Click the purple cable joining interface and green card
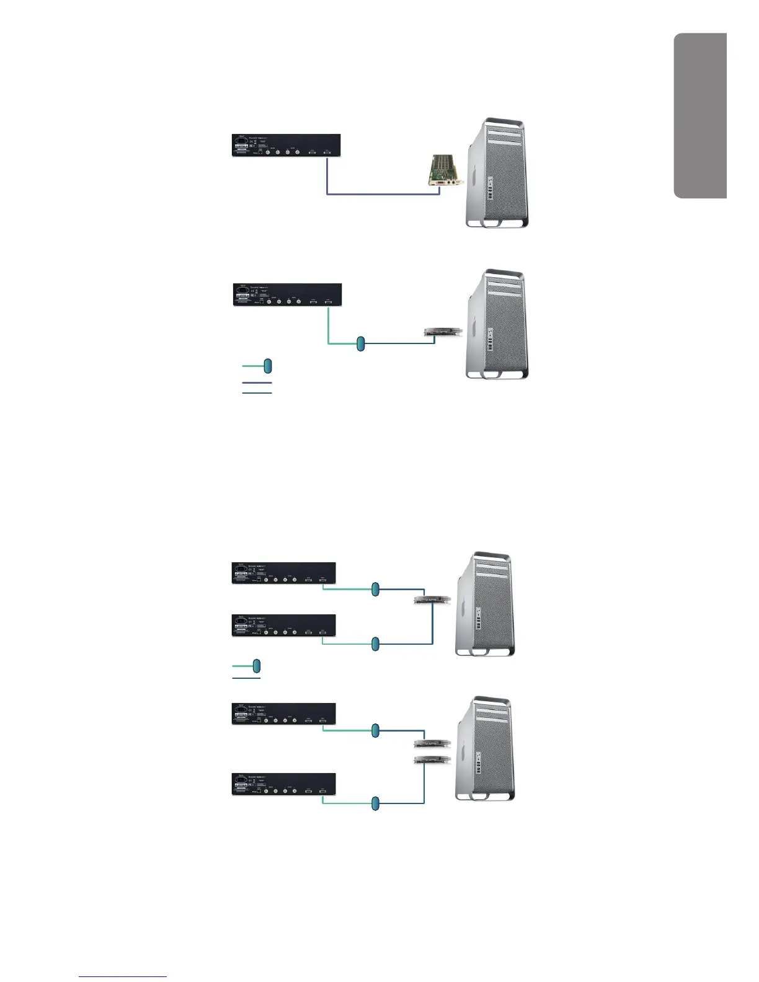[x=383, y=195]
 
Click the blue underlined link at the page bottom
[x=123, y=976]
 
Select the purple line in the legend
[x=257, y=383]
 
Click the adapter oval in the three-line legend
[x=268, y=366]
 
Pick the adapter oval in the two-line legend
[x=257, y=666]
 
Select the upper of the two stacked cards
[x=432, y=743]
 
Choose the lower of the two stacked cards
[x=432, y=759]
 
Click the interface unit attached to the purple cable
[x=286, y=145]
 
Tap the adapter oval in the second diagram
[x=361, y=343]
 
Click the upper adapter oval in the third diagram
[x=375, y=590]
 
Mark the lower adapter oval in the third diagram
[x=375, y=644]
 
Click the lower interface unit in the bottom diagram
[x=284, y=784]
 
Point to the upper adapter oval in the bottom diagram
[x=375, y=731]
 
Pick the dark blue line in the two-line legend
[x=246, y=678]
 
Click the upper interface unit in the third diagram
[x=284, y=573]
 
